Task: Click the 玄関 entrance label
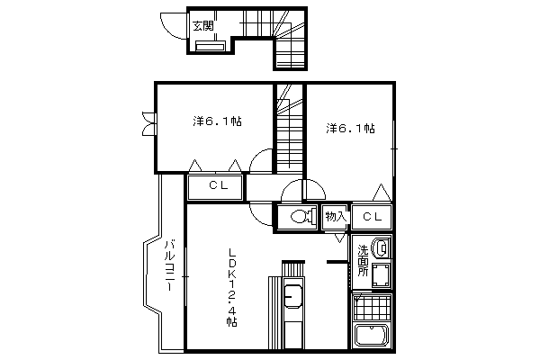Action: [x=203, y=26]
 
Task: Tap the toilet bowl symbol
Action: [x=304, y=216]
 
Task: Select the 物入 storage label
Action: [x=336, y=217]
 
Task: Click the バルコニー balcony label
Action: [x=169, y=265]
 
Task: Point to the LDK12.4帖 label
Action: [x=232, y=287]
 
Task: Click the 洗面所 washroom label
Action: [x=363, y=260]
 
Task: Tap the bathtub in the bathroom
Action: [x=372, y=335]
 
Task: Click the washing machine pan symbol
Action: [x=381, y=275]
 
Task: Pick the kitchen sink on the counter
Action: [x=293, y=297]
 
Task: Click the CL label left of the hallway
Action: [x=219, y=185]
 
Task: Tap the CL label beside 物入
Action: [x=372, y=217]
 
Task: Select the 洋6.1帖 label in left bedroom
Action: [x=217, y=121]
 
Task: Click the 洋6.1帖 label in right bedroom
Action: [x=350, y=129]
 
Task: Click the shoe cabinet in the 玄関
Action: [x=210, y=46]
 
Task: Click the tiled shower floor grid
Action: [x=373, y=307]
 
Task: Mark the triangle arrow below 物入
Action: [x=339, y=238]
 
